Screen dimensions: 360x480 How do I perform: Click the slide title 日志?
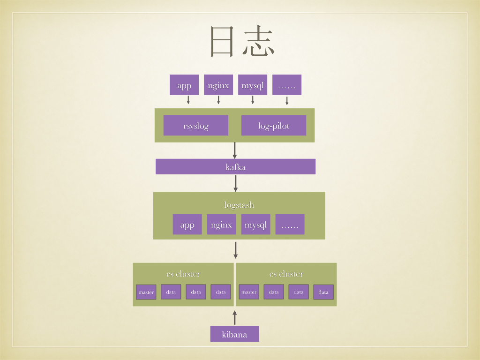click(x=241, y=42)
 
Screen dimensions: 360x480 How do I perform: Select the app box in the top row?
click(x=184, y=85)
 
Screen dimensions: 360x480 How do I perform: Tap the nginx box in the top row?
click(x=218, y=85)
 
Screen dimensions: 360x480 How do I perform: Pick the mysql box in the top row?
click(x=253, y=85)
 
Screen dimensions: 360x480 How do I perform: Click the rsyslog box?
click(x=196, y=126)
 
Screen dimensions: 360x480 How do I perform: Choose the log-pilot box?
click(x=274, y=126)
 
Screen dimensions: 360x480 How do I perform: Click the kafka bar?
click(x=235, y=166)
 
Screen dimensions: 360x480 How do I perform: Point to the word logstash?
click(x=239, y=205)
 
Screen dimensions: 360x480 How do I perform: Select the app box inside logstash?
click(x=187, y=225)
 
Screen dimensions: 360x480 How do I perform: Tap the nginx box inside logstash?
click(x=221, y=225)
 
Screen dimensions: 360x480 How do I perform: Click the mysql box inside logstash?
click(x=255, y=225)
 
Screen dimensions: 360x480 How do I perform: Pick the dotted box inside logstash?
click(x=290, y=225)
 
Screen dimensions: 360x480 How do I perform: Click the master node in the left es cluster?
click(x=146, y=292)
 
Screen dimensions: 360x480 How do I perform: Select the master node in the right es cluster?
click(x=249, y=292)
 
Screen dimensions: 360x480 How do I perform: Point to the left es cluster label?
click(x=183, y=274)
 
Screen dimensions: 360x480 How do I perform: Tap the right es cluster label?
click(x=286, y=274)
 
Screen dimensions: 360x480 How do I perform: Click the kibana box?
click(x=234, y=334)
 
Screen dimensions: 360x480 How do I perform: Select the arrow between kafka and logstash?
click(x=236, y=183)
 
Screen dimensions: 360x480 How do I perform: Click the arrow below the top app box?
click(x=188, y=100)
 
